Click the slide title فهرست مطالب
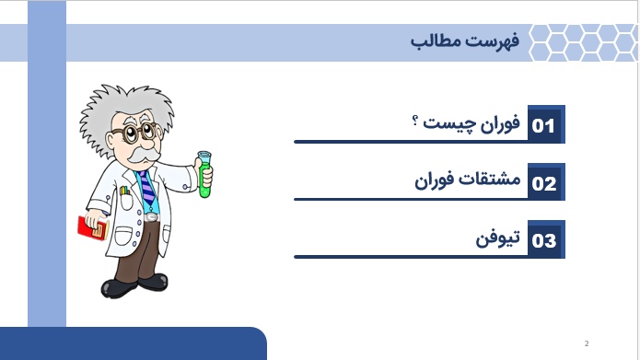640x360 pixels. [465, 42]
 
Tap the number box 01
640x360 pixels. [544, 125]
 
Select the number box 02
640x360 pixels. [544, 182]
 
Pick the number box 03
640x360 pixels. [544, 240]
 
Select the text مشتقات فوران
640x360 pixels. [469, 180]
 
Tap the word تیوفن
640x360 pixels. [497, 238]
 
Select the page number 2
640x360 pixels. [586, 344]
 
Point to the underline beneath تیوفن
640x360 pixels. [428, 256]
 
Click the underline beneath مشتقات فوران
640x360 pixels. [428, 198]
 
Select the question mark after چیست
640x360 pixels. [416, 122]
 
